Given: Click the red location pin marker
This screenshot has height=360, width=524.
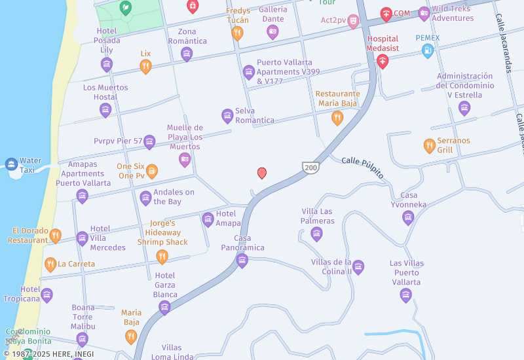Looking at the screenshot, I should tap(262, 173).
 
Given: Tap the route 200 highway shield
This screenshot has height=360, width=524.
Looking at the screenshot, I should tap(310, 168).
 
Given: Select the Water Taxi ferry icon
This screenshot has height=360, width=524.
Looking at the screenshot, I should tap(11, 164).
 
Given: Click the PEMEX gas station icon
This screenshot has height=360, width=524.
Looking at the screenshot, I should tap(428, 50).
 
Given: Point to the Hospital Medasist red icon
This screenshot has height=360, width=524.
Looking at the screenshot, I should tap(383, 61).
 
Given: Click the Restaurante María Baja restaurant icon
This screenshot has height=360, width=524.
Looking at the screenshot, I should tap(337, 118).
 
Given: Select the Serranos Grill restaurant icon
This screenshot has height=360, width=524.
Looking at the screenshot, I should tap(430, 145).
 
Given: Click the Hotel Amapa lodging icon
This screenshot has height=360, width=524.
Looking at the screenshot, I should tap(208, 219).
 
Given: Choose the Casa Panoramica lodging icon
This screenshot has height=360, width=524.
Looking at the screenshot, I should tap(242, 261).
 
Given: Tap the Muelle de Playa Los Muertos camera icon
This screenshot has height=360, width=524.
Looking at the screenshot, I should tap(185, 159).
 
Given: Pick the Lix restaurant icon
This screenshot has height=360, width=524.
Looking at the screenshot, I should tap(145, 66).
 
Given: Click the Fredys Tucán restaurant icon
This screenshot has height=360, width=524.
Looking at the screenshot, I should tap(238, 33).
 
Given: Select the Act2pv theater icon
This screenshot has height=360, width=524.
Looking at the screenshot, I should tap(353, 21).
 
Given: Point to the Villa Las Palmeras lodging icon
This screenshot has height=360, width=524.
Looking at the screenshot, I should tap(317, 234).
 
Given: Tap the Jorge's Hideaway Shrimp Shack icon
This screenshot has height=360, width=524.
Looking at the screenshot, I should tap(162, 257).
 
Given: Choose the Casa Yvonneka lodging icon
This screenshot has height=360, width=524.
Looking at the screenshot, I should tap(408, 217).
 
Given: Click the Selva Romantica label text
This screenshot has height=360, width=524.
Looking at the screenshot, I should tap(255, 115).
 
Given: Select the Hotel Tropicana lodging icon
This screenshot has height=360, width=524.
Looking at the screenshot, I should tap(47, 295).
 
